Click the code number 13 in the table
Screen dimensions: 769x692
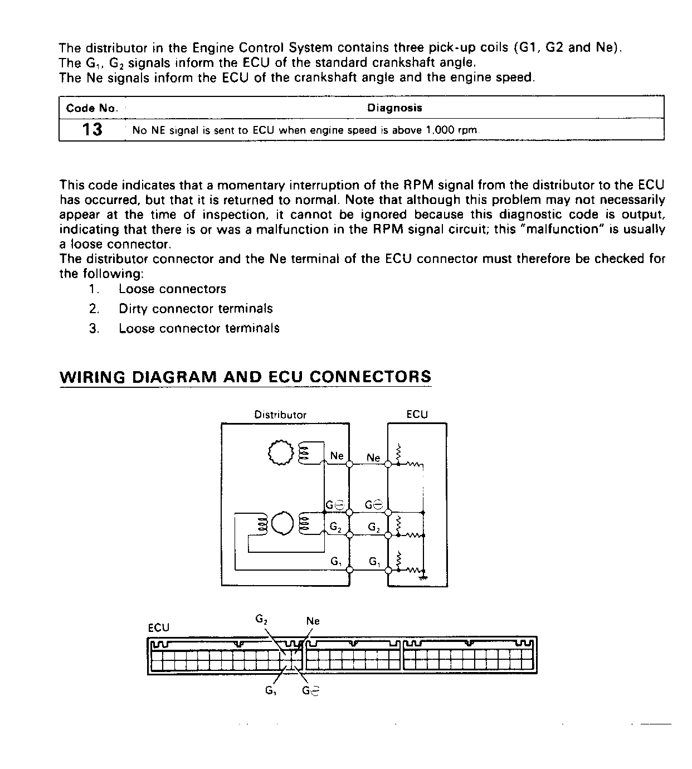(92, 130)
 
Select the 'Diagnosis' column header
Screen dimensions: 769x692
(394, 108)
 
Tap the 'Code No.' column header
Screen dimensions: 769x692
(92, 109)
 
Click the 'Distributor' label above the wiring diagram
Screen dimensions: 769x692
(280, 415)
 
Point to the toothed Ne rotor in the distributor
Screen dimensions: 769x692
(280, 452)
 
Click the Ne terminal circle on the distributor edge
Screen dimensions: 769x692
(349, 464)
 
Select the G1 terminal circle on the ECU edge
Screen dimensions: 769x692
(388, 570)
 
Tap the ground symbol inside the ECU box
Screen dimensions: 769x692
(423, 577)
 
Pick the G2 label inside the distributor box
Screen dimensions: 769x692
(335, 526)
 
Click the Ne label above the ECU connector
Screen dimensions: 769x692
(313, 621)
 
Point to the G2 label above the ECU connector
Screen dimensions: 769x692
(262, 619)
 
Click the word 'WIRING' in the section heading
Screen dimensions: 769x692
(92, 377)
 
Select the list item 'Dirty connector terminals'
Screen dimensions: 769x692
(196, 309)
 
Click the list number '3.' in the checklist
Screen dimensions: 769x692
(94, 329)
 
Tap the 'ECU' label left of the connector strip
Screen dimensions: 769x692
(158, 628)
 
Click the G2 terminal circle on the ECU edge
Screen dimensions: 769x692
(388, 535)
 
